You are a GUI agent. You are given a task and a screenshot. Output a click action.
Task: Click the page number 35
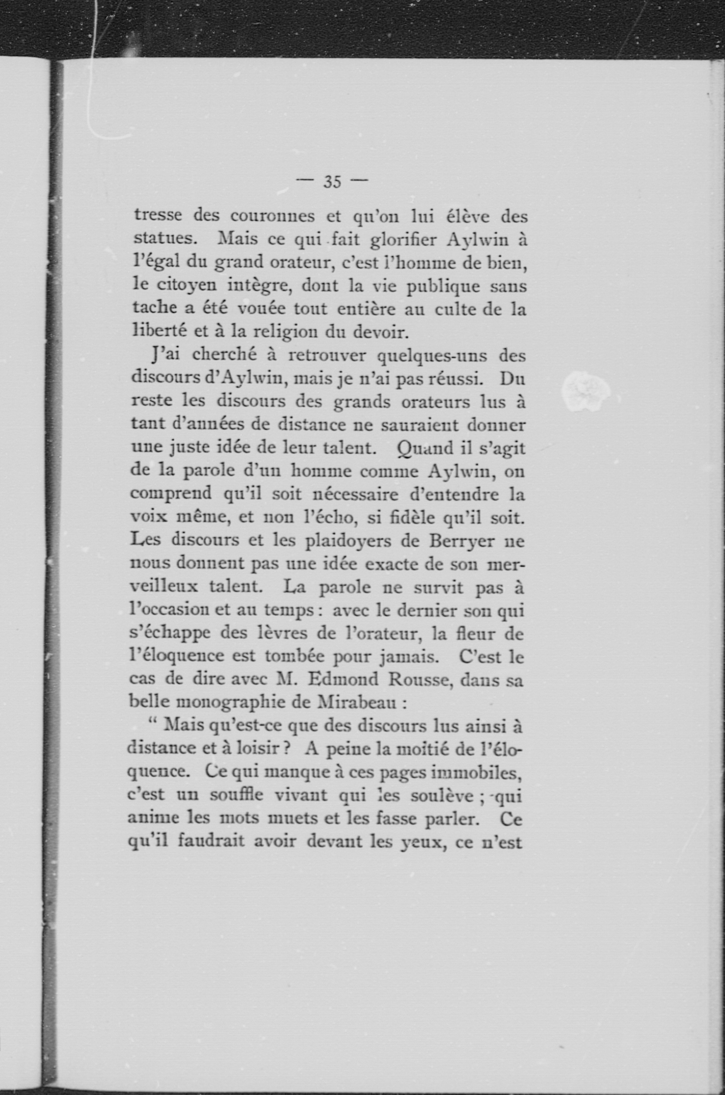click(332, 182)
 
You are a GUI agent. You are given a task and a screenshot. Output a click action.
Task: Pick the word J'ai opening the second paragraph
click(165, 355)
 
